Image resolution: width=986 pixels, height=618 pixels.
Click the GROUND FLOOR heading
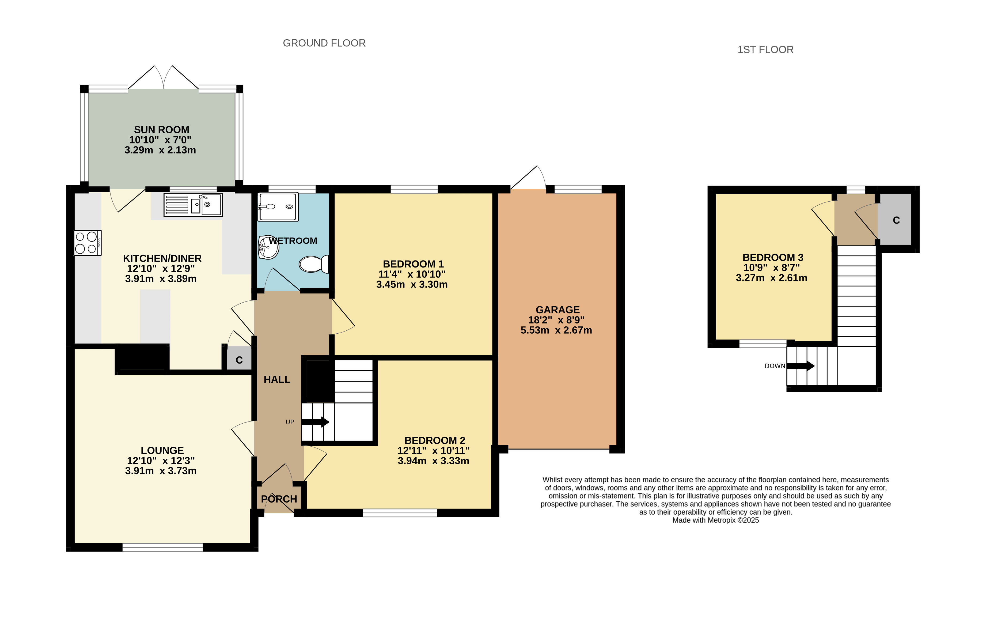324,43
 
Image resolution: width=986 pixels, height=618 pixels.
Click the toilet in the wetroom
314,264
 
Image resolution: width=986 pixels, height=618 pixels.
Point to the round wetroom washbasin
268,247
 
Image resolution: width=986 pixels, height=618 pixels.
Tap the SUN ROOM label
161,130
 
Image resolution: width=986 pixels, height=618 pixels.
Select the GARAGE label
558,310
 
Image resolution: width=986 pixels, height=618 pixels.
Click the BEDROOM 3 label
773,258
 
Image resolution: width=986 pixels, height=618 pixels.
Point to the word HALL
277,379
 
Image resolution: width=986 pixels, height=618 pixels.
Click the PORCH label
279,499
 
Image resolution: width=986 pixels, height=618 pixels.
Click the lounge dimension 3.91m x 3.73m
161,471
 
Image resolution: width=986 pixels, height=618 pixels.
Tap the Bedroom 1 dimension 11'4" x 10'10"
412,274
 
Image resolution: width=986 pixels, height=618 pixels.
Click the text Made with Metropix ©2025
716,520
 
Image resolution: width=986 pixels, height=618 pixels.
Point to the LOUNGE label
162,450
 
